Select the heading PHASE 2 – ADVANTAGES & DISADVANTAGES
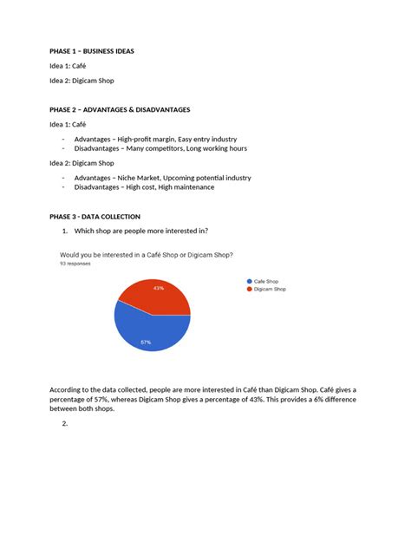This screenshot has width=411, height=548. [119, 110]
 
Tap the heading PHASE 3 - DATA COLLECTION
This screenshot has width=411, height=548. [95, 216]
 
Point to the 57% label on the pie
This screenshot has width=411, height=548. [146, 342]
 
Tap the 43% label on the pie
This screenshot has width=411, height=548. [158, 288]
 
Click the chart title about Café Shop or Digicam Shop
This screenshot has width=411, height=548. [146, 255]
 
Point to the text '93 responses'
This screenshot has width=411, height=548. [75, 263]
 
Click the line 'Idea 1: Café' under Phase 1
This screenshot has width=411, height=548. [68, 66]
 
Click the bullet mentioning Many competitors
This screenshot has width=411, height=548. [160, 148]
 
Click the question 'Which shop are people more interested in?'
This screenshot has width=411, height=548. [140, 231]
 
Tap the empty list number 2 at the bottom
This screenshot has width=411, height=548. [65, 424]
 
